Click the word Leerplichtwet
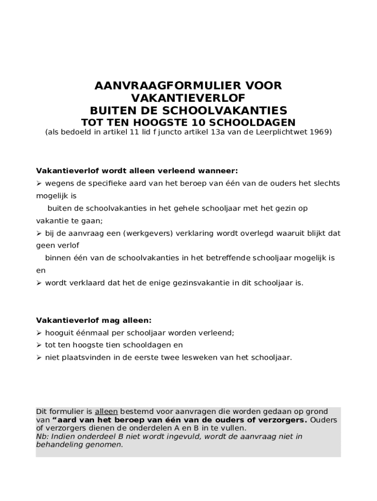282,132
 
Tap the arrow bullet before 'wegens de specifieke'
39,183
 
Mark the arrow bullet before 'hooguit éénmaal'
39,333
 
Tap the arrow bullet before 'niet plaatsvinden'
39,358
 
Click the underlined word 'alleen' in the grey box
106,411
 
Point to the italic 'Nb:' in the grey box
42,436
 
